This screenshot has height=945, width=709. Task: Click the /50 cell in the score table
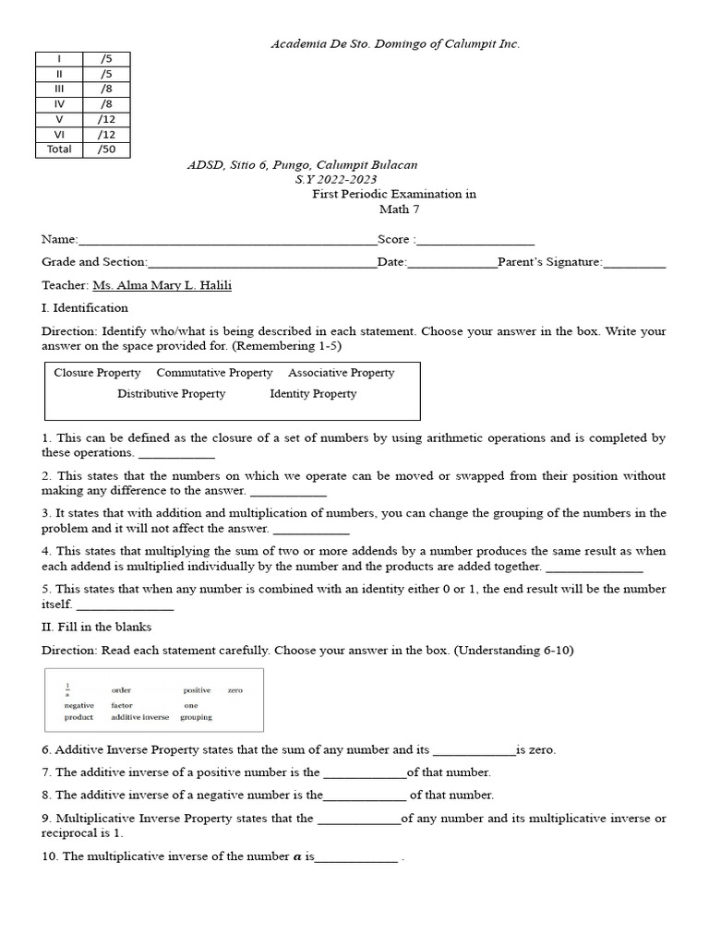pyautogui.click(x=106, y=150)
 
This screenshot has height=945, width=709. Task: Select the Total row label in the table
pyautogui.click(x=59, y=150)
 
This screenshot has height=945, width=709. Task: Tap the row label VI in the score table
pyautogui.click(x=59, y=134)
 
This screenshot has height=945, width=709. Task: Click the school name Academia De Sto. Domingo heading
pyautogui.click(x=394, y=43)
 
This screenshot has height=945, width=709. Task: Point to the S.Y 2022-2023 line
pyautogui.click(x=335, y=179)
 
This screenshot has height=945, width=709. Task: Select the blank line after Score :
pyautogui.click(x=475, y=239)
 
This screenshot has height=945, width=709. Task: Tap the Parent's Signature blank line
pyautogui.click(x=634, y=263)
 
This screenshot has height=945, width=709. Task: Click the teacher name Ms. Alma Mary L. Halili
pyautogui.click(x=162, y=285)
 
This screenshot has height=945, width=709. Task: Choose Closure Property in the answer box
pyautogui.click(x=97, y=373)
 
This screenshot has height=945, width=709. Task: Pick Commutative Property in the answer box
pyautogui.click(x=214, y=373)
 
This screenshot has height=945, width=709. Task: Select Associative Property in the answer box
pyautogui.click(x=341, y=373)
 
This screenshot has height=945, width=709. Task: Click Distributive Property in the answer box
pyautogui.click(x=171, y=394)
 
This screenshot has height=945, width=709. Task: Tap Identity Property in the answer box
pyautogui.click(x=312, y=394)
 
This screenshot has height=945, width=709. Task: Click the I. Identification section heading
pyautogui.click(x=85, y=308)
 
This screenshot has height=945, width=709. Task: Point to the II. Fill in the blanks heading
pyautogui.click(x=98, y=628)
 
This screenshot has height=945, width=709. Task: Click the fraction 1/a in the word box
pyautogui.click(x=67, y=689)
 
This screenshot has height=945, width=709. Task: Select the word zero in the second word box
pyautogui.click(x=234, y=690)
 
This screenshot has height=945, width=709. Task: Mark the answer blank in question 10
pyautogui.click(x=356, y=857)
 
